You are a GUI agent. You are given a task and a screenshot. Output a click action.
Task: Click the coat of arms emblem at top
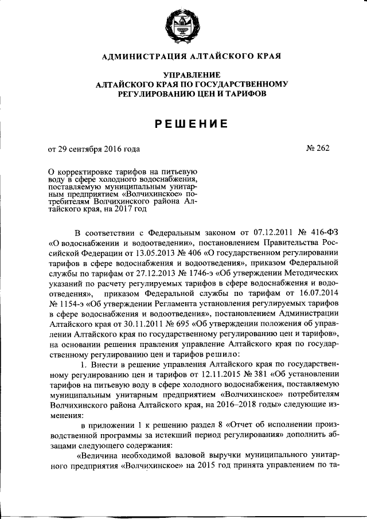[x=183, y=26]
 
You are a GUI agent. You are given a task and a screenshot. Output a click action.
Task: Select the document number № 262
[x=318, y=149]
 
